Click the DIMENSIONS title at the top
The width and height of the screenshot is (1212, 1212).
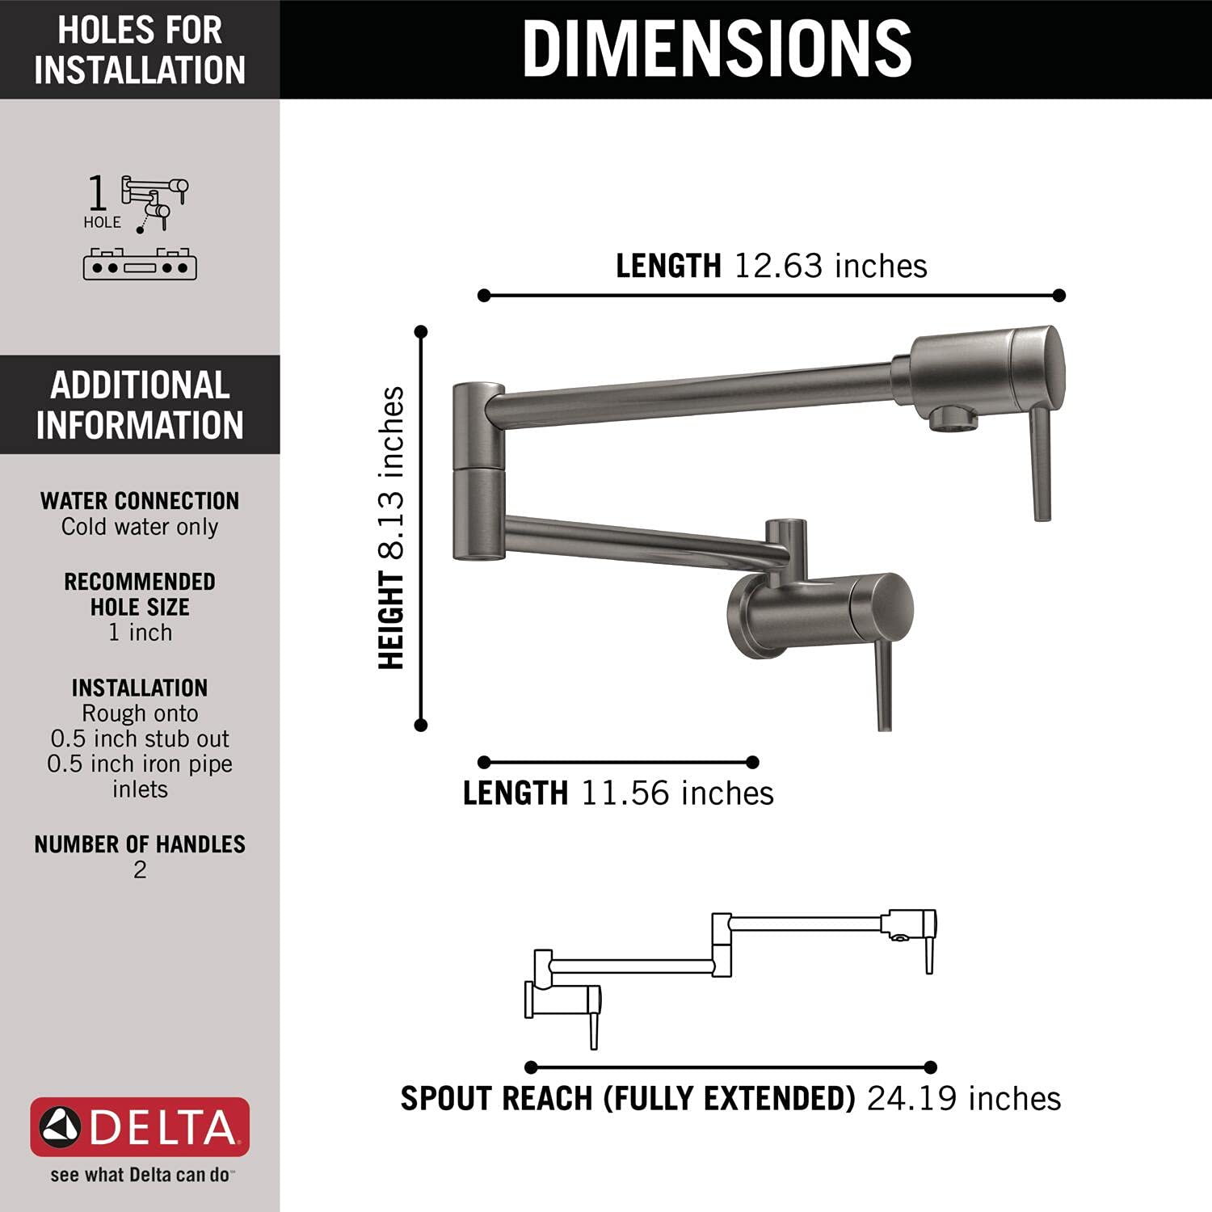tap(717, 48)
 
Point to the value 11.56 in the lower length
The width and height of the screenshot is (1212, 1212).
tap(625, 793)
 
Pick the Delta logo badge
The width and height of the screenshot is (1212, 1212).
tap(140, 1127)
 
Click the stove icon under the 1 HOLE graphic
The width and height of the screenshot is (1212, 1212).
tap(140, 264)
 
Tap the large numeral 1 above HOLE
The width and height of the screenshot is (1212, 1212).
tap(97, 194)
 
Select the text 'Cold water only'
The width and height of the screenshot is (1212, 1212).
tap(140, 527)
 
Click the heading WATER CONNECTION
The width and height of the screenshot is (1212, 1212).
tap(140, 501)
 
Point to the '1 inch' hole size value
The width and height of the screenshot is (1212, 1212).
tap(140, 633)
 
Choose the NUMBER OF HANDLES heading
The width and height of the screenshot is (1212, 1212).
tap(140, 844)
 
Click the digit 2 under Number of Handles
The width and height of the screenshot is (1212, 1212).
tap(140, 870)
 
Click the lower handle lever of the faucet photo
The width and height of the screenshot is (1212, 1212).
tap(884, 687)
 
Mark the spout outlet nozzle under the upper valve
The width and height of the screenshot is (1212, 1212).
tap(953, 419)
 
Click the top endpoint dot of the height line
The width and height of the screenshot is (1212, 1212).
tap(421, 331)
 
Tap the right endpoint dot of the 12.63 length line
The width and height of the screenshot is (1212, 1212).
tap(1059, 296)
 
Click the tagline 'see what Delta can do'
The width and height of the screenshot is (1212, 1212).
tap(140, 1175)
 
